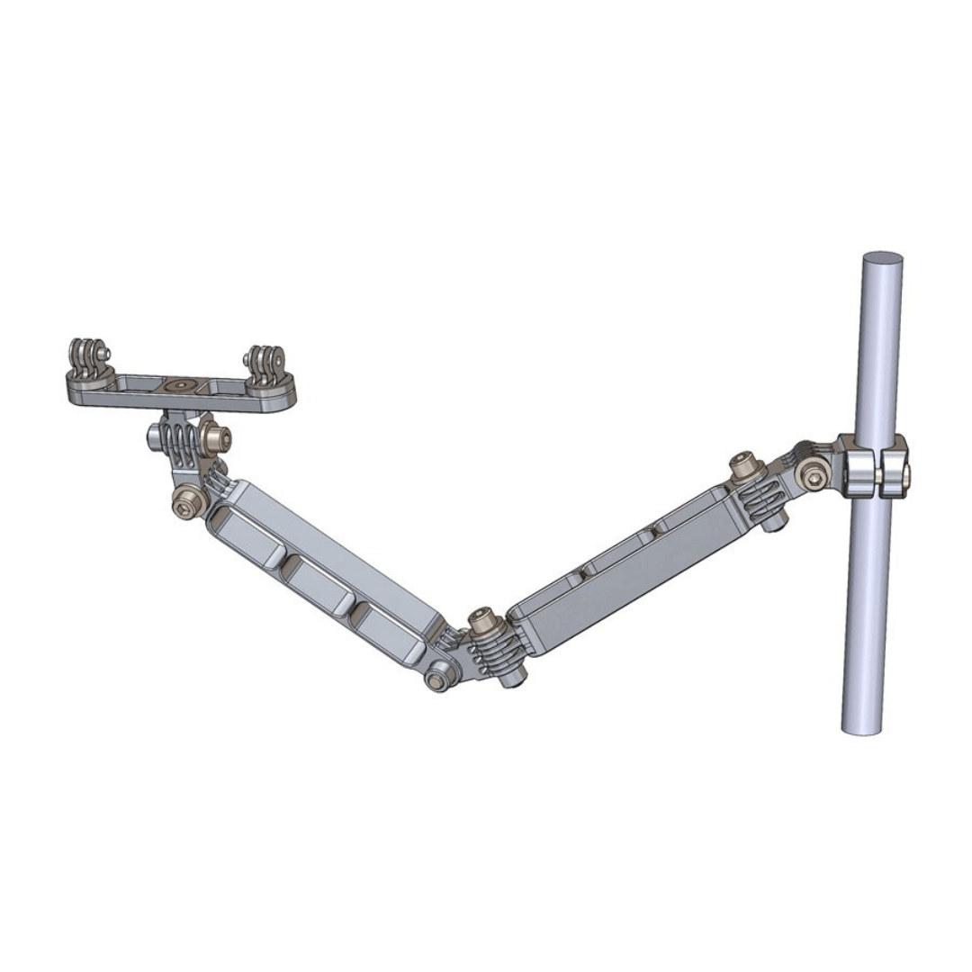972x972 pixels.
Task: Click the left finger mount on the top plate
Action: (x=87, y=356)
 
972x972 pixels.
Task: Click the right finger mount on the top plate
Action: (x=266, y=363)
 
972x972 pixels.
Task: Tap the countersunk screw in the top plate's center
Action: (x=180, y=385)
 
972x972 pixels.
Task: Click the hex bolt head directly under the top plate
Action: (x=217, y=439)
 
